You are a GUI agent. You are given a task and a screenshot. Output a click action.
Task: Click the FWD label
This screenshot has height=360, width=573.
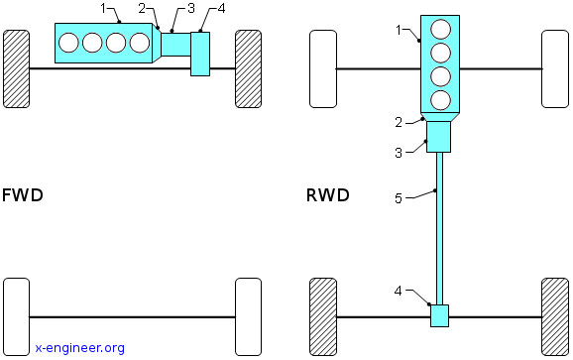23,195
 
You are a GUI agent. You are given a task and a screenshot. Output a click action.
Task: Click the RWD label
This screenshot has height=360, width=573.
328,195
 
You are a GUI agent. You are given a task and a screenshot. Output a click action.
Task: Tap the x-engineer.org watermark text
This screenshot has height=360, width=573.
80,347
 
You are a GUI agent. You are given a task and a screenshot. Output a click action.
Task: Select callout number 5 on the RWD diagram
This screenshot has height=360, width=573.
399,198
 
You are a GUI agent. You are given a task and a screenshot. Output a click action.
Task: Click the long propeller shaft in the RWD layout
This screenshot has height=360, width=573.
439,228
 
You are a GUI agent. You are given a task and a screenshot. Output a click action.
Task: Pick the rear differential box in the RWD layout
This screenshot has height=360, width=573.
439,315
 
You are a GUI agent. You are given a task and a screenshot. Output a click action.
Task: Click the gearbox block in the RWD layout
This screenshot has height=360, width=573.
438,137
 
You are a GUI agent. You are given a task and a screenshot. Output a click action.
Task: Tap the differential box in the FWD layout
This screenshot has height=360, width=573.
200,55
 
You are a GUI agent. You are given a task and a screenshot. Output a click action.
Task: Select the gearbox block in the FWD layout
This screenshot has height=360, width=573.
175,45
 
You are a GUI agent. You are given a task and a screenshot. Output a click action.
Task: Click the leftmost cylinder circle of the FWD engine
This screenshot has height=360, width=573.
68,43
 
